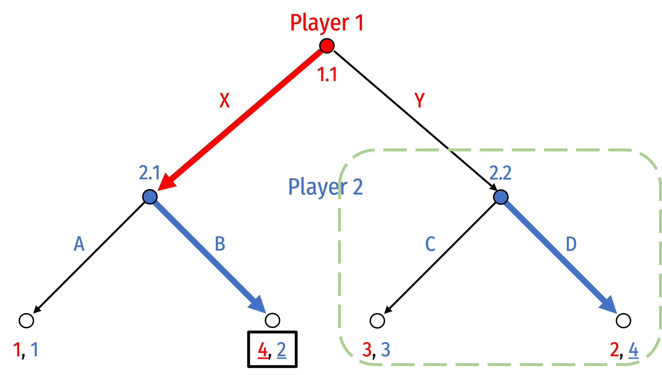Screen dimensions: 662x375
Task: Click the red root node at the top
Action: pos(327,46)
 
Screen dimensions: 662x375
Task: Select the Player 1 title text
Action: pos(327,23)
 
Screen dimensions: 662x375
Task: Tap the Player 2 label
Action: pos(325,187)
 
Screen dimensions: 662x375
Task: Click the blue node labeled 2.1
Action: pos(150,197)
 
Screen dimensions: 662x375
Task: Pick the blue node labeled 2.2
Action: pos(501,197)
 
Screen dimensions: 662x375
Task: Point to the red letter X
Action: pos(225,100)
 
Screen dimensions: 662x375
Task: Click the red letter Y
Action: pos(420,100)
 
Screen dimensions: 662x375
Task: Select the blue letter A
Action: pos(79,244)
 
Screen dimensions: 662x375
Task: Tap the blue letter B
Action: pos(220,244)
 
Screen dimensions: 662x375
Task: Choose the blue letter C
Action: pos(430,244)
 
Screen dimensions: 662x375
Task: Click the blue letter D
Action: pos(571,244)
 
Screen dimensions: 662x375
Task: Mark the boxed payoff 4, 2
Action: pos(272,350)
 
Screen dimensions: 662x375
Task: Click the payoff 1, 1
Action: pos(25,350)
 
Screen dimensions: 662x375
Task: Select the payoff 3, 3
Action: pos(376,350)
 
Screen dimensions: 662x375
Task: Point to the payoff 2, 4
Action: pos(624,350)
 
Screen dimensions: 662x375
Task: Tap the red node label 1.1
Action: pos(327,74)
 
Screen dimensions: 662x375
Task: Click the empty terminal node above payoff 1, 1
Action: pos(26,321)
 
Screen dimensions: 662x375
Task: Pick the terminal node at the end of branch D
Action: pos(623,321)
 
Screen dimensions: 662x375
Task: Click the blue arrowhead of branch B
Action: pos(258,305)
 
